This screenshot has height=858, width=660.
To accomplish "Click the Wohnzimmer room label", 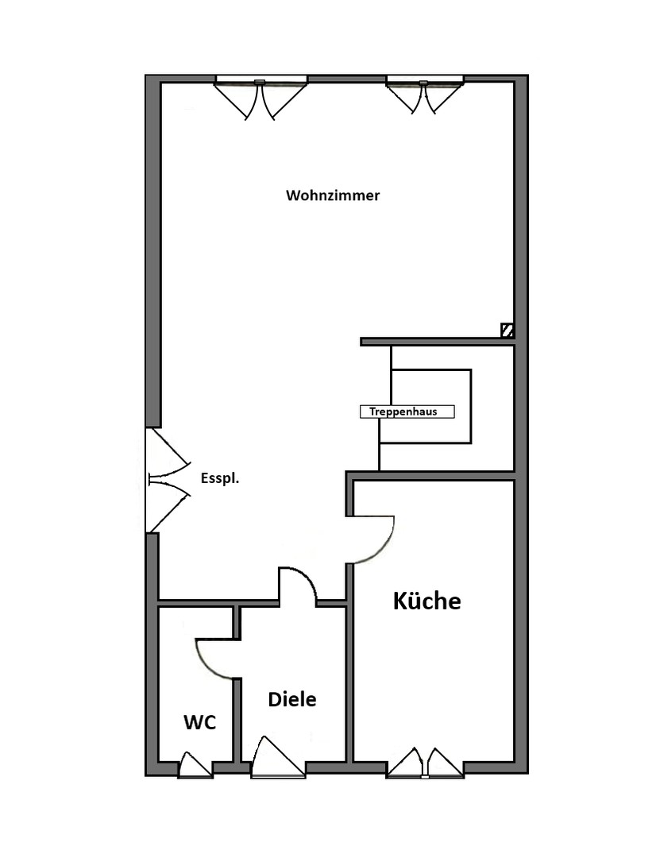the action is (x=333, y=195).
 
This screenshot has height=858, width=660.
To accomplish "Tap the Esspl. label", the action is (x=220, y=478).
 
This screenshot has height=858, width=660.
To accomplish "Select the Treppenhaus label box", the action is (x=407, y=412).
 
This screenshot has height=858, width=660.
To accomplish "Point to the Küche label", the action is (x=426, y=601).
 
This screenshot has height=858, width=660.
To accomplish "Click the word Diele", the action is (x=292, y=699).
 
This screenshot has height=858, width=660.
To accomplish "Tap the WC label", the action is (x=200, y=722).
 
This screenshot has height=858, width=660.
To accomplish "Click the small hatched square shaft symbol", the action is (x=508, y=330).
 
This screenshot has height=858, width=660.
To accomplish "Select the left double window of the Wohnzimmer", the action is (x=261, y=99).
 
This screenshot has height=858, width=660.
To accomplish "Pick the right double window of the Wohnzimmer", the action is (x=425, y=95).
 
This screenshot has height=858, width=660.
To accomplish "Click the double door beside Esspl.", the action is (x=168, y=480).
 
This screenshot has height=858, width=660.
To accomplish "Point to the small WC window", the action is (x=196, y=765).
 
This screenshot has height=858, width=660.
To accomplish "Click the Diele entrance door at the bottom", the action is (x=278, y=758).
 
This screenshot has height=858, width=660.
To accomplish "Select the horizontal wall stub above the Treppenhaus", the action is (x=437, y=342).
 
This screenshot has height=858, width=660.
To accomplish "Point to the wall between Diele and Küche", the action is (x=349, y=663).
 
